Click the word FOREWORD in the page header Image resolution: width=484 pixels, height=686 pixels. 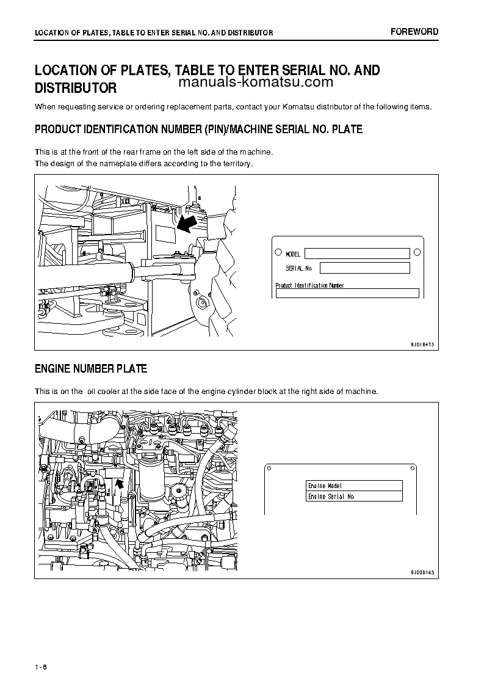[x=414, y=32]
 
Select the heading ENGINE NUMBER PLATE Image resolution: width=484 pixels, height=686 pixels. [x=91, y=369]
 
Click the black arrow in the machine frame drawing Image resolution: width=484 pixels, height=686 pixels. [x=188, y=223]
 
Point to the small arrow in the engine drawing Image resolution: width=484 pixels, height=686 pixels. [x=120, y=483]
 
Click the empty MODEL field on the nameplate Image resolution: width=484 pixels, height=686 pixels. [x=357, y=254]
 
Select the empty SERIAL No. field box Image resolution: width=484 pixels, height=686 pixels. [x=364, y=268]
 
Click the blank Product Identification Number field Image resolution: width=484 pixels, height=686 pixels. [x=347, y=293]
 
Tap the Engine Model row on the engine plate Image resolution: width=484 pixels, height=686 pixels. [x=354, y=486]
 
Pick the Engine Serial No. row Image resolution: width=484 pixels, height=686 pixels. [x=354, y=497]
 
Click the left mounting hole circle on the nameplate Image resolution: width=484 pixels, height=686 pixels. [x=278, y=252]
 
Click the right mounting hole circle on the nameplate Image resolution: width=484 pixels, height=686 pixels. [x=417, y=252]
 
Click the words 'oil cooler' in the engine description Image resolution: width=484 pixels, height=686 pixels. [x=108, y=391]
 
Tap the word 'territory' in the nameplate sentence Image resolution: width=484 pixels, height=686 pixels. [x=237, y=163]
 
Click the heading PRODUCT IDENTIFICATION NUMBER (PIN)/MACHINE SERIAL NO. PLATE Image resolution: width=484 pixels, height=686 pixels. [x=198, y=130]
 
